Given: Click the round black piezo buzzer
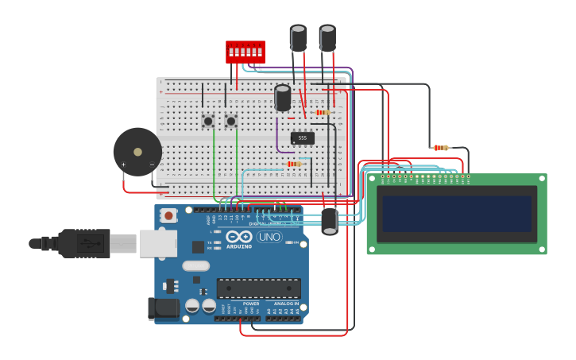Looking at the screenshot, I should click(x=137, y=152).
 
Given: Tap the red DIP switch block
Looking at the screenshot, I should click(x=245, y=52).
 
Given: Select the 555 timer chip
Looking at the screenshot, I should click(x=303, y=138).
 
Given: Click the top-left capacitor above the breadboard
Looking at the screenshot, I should click(x=298, y=37).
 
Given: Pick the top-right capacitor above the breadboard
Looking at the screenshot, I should click(x=327, y=37).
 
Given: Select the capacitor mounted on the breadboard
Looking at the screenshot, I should click(x=282, y=98).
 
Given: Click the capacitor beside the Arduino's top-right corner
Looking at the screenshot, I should click(x=330, y=220).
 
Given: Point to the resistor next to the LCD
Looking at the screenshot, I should click(x=440, y=148).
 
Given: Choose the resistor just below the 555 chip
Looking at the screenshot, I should click(x=296, y=165).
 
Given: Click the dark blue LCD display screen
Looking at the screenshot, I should click(x=456, y=214).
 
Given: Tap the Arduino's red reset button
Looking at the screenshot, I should click(x=168, y=215).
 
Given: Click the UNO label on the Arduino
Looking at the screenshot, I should click(x=269, y=237).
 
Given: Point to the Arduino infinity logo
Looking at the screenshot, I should click(x=239, y=237).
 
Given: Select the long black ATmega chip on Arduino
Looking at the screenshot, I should click(x=258, y=288).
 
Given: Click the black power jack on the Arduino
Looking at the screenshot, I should click(x=161, y=308).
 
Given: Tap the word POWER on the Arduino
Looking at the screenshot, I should click(x=251, y=304).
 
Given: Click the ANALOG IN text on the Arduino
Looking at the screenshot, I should click(x=286, y=304).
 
